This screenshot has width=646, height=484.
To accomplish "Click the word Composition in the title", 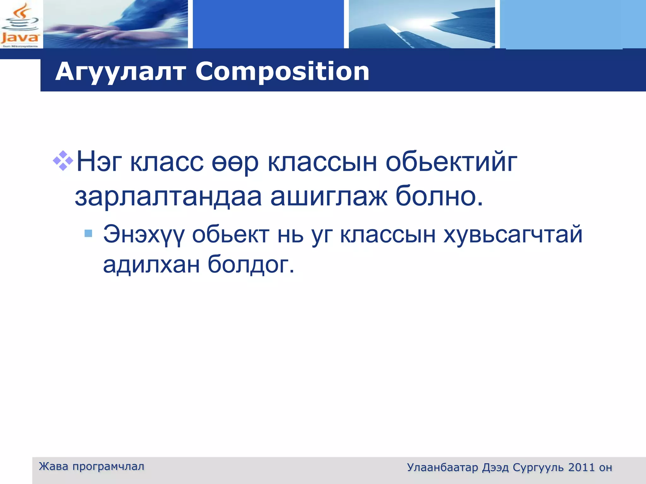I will point(282,72).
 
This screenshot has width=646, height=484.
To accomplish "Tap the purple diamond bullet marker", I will point(63,161).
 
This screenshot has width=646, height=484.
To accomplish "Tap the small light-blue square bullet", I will point(89,233).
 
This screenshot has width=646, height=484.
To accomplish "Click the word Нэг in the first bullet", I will point(99,162).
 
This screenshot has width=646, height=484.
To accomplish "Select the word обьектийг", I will point(451,162).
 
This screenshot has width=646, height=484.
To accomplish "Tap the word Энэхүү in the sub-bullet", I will point(144,235).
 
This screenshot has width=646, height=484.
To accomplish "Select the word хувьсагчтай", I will point(513,235).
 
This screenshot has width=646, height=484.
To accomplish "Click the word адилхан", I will point(151,264).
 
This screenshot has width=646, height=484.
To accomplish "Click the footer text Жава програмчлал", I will point(91,466).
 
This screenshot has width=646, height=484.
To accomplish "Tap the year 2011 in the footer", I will point(581,467).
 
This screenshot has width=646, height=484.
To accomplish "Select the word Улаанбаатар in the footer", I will point(443,467).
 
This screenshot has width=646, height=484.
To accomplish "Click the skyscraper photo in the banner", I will point(421,25).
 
